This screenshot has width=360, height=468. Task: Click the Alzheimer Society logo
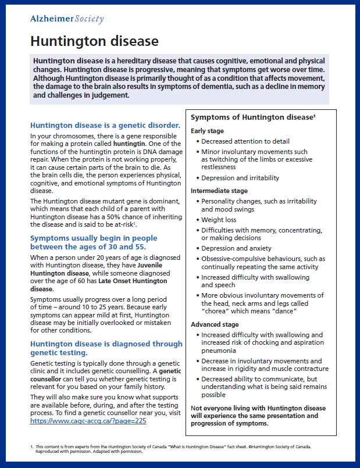pos(67,20)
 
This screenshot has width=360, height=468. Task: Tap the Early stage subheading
pos(207,131)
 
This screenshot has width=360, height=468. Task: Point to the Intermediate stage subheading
pos(219,190)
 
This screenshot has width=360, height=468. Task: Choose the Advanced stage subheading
pos(215,324)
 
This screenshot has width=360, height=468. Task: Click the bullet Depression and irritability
pos(240,178)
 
